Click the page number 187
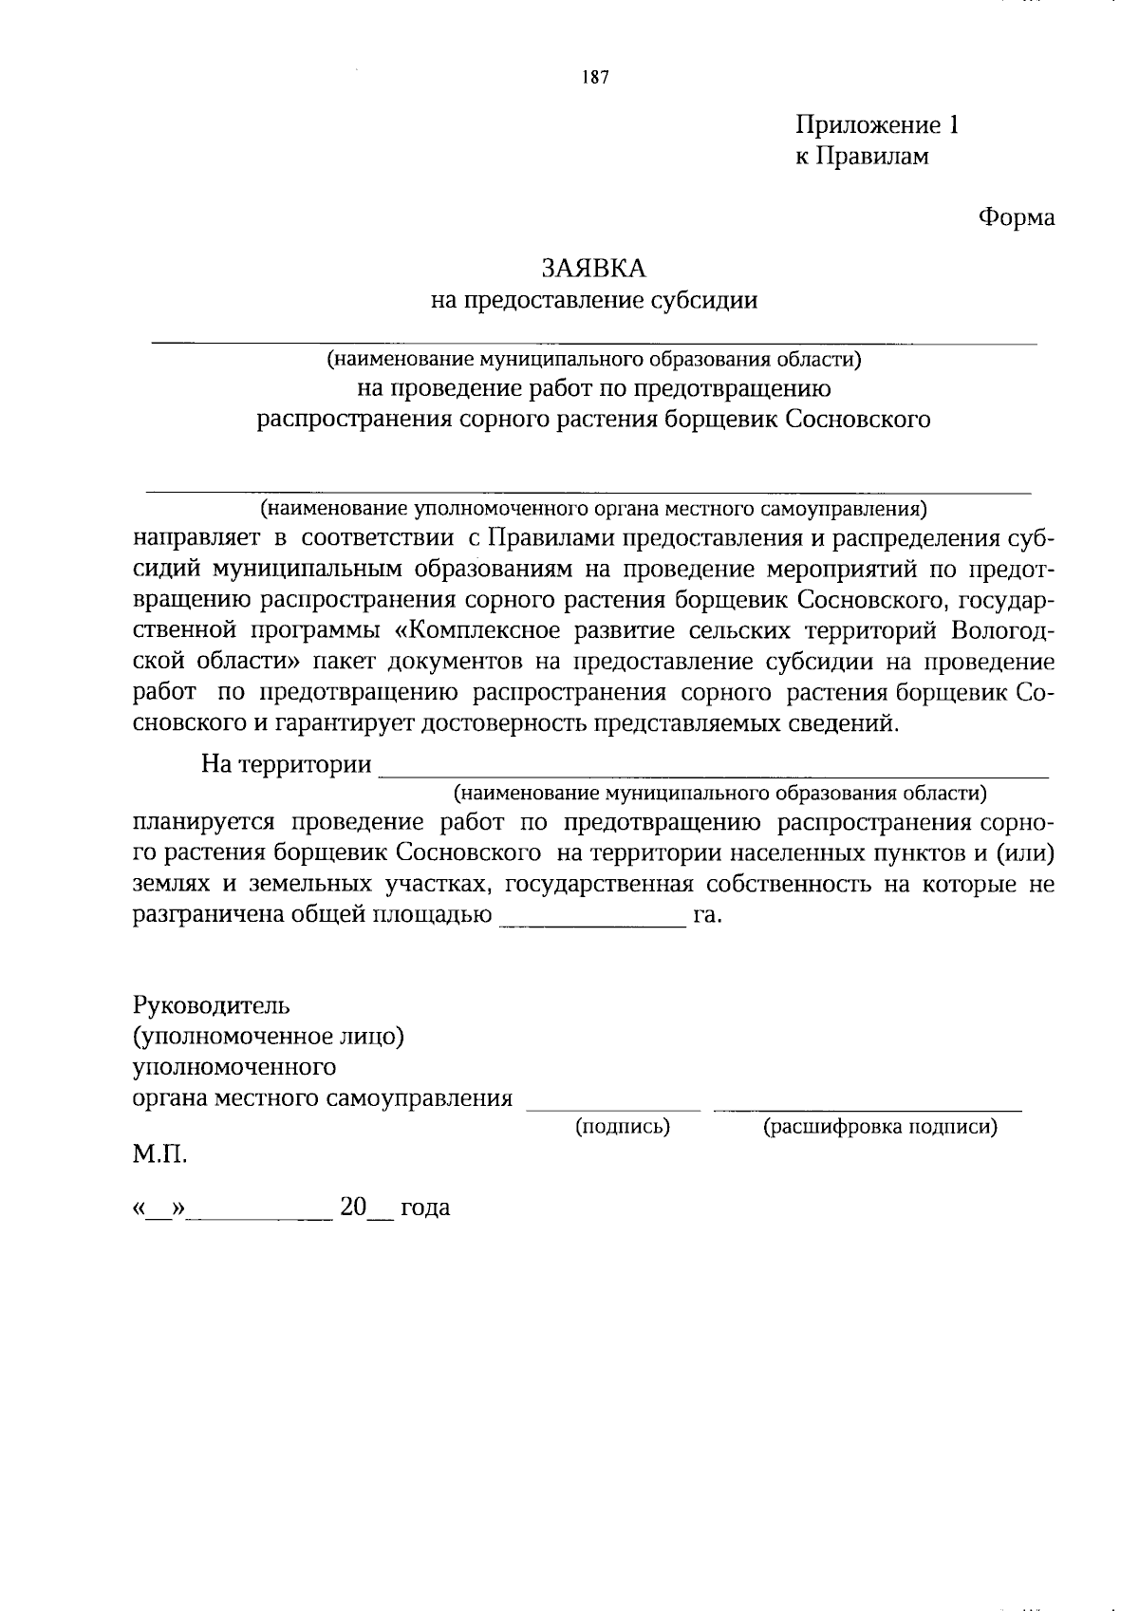point(596,78)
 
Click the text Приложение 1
point(876,125)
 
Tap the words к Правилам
point(861,157)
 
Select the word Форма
point(1016,217)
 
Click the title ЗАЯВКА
point(594,269)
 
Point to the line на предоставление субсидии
point(594,301)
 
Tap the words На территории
point(286,764)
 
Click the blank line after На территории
point(712,771)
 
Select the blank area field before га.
point(590,919)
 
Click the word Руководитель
point(212,1004)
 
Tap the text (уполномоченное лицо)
point(270,1036)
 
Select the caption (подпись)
point(623,1127)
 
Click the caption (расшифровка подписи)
point(880,1127)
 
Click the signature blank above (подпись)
point(613,1104)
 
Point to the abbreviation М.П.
point(159,1155)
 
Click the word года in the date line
point(424,1208)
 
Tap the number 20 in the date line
point(353,1207)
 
